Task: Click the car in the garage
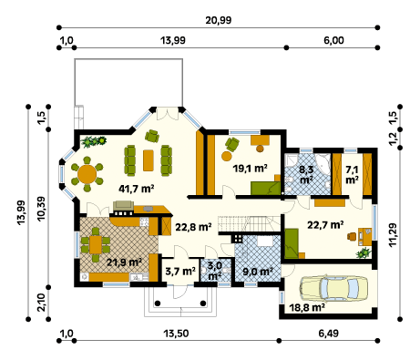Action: [x=333, y=288]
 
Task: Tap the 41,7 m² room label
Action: [x=137, y=189]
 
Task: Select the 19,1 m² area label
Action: [x=250, y=168]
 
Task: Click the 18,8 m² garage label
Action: [x=307, y=308]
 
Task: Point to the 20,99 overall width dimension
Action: [x=219, y=20]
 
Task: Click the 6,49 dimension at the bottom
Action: [x=329, y=334]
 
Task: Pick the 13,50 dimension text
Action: [x=176, y=334]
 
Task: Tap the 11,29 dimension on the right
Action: [x=393, y=235]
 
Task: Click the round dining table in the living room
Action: [x=87, y=174]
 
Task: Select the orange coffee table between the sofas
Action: [x=149, y=160]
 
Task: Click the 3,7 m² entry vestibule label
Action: [x=180, y=272]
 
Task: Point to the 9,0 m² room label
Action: [x=258, y=272]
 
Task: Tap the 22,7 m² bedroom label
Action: [x=325, y=225]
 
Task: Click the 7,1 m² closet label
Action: [x=352, y=175]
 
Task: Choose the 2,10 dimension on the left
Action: [x=41, y=303]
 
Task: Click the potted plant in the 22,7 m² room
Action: [x=364, y=252]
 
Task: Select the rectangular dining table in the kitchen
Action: [x=96, y=244]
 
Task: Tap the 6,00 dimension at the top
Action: [x=333, y=40]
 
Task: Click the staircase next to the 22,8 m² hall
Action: [x=249, y=224]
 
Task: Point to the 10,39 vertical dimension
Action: [x=41, y=209]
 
